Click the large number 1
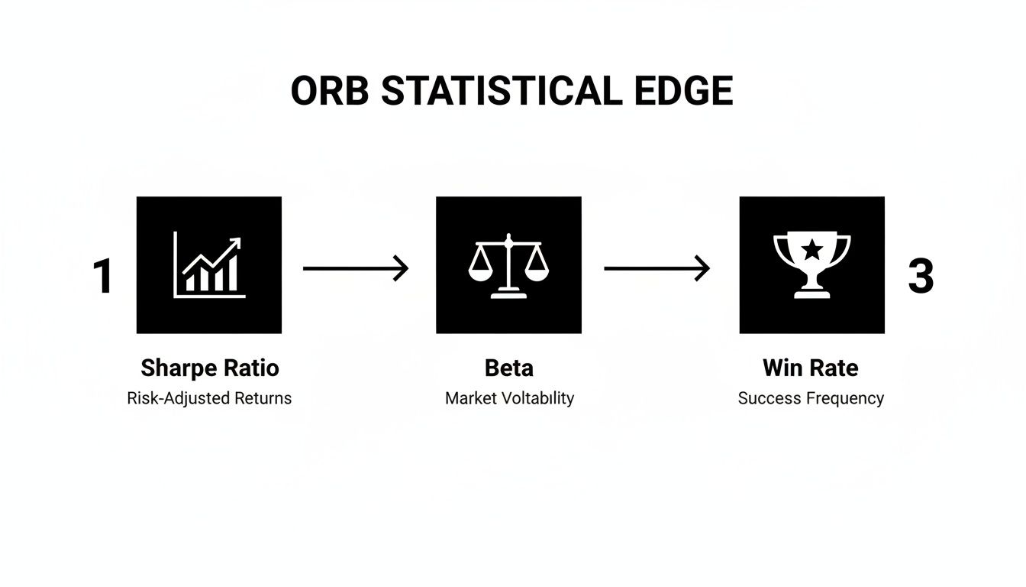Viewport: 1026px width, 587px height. click(x=103, y=276)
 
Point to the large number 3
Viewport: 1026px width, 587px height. click(x=921, y=276)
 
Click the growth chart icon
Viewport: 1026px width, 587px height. click(x=208, y=265)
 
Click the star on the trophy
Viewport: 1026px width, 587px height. click(x=812, y=248)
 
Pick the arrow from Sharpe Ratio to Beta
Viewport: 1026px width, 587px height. click(x=356, y=268)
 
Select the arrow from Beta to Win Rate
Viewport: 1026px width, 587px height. click(x=657, y=268)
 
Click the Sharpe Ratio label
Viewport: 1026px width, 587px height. click(x=210, y=368)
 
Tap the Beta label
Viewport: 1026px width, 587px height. click(x=508, y=368)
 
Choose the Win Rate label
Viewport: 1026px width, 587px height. click(x=810, y=368)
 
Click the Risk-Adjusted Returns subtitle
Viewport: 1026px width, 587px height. click(x=209, y=398)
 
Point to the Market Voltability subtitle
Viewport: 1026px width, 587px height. click(x=509, y=398)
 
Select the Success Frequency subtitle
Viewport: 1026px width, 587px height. click(x=811, y=398)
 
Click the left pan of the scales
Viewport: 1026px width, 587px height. click(x=480, y=272)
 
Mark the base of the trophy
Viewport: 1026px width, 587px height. click(x=812, y=293)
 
